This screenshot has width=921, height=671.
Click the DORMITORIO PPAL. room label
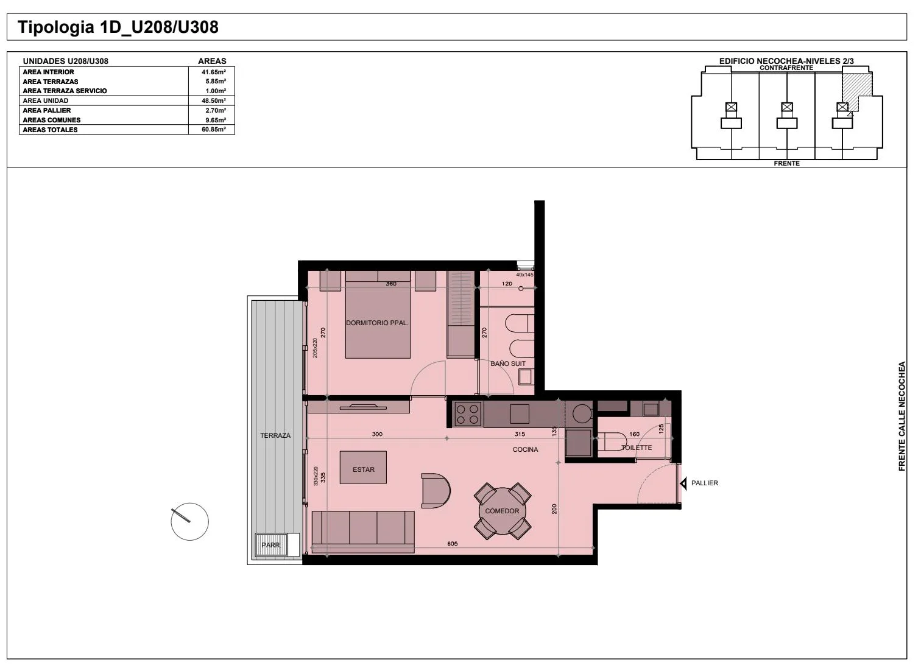(377, 323)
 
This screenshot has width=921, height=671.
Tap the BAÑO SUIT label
(508, 364)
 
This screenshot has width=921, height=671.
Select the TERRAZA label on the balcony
(275, 435)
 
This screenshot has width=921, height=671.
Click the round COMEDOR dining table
(502, 511)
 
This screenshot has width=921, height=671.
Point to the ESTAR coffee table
(363, 467)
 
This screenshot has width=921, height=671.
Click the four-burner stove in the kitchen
(467, 414)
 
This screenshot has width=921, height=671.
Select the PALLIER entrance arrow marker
(683, 484)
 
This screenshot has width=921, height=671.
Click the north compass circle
(189, 521)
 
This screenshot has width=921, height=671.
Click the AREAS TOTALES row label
(50, 130)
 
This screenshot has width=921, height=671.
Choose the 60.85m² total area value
(214, 130)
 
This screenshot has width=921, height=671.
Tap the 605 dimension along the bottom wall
(452, 544)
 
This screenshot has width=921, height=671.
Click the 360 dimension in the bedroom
(391, 284)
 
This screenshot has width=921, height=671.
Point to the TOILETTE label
(637, 448)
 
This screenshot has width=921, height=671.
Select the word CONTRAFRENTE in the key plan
(786, 68)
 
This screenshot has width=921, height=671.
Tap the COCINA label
(525, 449)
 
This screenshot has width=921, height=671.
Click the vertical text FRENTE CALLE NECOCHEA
(902, 416)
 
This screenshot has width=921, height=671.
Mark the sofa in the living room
(363, 532)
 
